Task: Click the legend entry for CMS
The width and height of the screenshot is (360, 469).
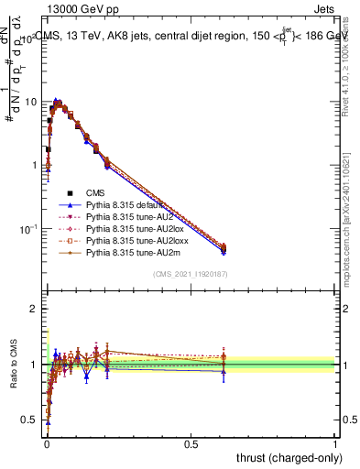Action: (x=96, y=192)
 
